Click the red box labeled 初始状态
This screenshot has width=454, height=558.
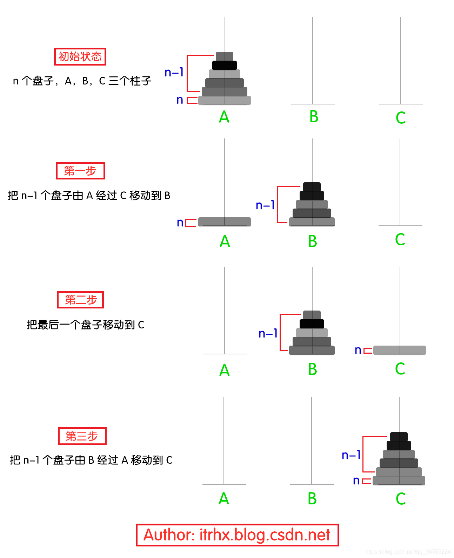pyautogui.click(x=80, y=57)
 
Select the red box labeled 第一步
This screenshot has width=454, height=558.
pyautogui.click(x=80, y=171)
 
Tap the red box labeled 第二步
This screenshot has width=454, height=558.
pyautogui.click(x=80, y=300)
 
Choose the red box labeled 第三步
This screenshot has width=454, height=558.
pyautogui.click(x=82, y=436)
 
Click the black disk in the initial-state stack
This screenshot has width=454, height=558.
pyautogui.click(x=225, y=65)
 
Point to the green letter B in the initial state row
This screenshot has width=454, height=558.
pyautogui.click(x=314, y=117)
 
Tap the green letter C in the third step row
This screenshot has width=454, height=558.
pyautogui.click(x=400, y=499)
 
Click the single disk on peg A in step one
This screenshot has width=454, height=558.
pyautogui.click(x=225, y=222)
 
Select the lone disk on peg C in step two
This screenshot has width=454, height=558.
pyautogui.click(x=400, y=350)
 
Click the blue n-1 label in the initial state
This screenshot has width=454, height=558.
pyautogui.click(x=174, y=73)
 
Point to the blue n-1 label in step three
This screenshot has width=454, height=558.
pyautogui.click(x=351, y=455)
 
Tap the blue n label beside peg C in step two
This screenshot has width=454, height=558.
pyautogui.click(x=358, y=350)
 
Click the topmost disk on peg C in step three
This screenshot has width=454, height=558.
pyautogui.click(x=399, y=437)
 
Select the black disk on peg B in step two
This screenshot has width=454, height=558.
pyautogui.click(x=312, y=324)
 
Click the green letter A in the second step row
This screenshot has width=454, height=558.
pyautogui.click(x=225, y=370)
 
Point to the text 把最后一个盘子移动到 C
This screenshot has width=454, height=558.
pyautogui.click(x=86, y=325)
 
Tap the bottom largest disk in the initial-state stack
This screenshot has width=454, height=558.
pyautogui.click(x=225, y=100)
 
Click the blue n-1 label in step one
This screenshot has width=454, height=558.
pyautogui.click(x=265, y=205)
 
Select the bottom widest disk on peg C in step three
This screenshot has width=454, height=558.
pyautogui.click(x=399, y=481)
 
